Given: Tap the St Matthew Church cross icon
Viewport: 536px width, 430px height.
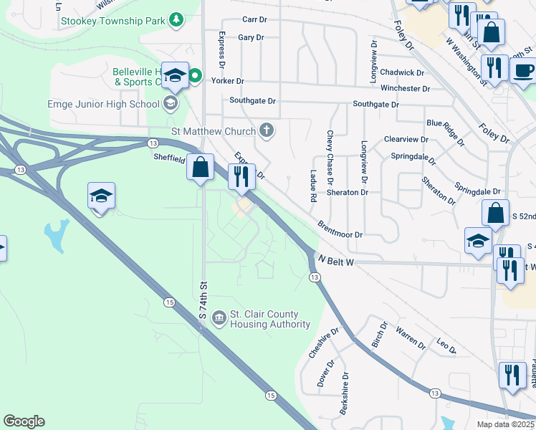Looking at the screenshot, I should click(x=267, y=130).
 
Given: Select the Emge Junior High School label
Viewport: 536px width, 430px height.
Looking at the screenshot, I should click(x=103, y=104).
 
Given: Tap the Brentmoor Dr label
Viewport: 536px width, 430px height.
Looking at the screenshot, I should click(x=340, y=229).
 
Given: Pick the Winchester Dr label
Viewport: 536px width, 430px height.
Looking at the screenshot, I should click(x=405, y=89).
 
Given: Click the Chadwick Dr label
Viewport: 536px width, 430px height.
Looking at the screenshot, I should click(x=402, y=72).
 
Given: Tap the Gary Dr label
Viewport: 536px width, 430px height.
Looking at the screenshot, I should click(x=251, y=37).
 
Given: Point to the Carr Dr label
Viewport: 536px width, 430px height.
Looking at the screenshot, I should click(x=254, y=20).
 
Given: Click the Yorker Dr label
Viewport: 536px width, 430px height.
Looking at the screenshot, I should click(x=228, y=81).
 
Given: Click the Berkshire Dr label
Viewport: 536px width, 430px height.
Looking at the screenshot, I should click(x=345, y=387).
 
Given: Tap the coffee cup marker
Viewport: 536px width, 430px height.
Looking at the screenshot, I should click(x=522, y=70).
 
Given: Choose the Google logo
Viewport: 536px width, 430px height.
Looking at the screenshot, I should click(x=24, y=421).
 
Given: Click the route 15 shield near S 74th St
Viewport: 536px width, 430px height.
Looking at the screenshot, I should click(x=169, y=302).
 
